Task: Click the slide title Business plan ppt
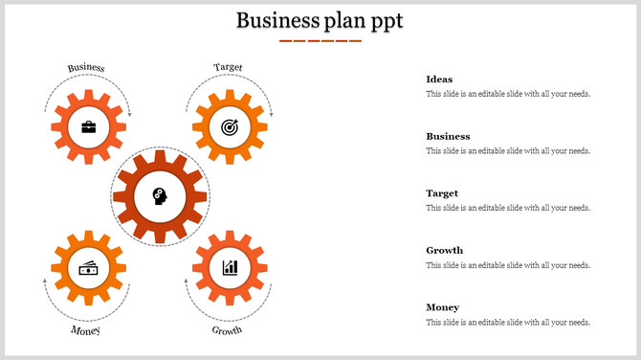320,20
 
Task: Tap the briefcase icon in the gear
89,126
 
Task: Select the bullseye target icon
229,126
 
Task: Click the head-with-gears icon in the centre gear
160,196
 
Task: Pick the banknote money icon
89,268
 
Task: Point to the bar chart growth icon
230,267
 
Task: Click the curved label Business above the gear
86,68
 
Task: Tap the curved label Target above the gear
229,67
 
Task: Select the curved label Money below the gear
85,330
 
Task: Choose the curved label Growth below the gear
227,330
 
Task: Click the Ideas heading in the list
439,79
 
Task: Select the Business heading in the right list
448,136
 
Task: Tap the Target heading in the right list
442,193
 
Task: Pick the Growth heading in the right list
444,251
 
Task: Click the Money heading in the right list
442,307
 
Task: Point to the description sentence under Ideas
508,94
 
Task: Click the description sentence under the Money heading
508,323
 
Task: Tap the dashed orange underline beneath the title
320,41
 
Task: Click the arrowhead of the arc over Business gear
129,115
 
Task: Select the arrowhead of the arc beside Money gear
45,281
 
